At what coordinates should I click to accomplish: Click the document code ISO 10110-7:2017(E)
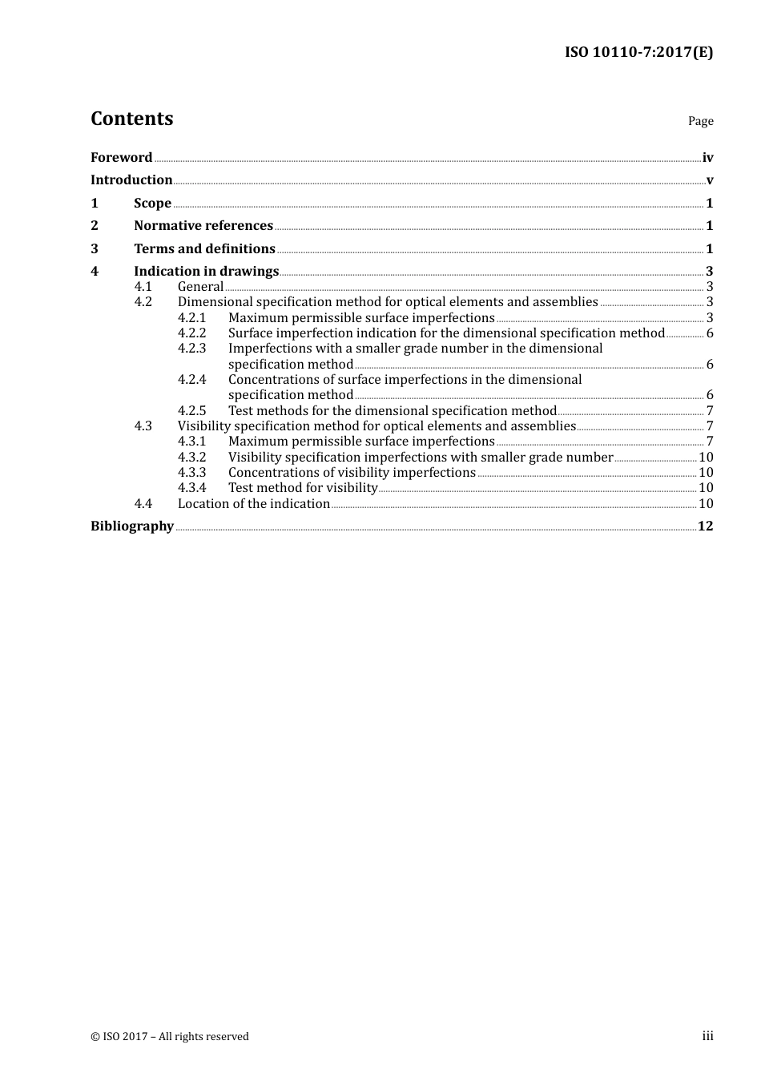coord(638,52)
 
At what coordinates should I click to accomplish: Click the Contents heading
coord(131,119)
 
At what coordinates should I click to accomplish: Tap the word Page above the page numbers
coord(700,121)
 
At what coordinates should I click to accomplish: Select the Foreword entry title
coord(121,158)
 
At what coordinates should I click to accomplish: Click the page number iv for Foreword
coord(707,158)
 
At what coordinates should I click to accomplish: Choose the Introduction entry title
coord(131,180)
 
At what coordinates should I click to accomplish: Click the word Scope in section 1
coord(152,204)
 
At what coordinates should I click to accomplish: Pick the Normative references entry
coord(203,226)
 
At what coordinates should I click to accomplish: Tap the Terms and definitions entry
coord(204,249)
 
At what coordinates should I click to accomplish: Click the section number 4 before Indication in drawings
coord(95,272)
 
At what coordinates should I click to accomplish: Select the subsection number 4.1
coord(143,287)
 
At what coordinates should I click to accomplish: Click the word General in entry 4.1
coord(200,287)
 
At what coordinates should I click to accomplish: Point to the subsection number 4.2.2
coord(192,333)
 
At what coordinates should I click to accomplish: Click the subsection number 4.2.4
coord(192,380)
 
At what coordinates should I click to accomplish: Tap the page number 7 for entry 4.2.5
coord(710,411)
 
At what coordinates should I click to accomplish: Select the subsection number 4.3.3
coord(192,473)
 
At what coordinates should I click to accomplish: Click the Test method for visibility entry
coord(303,488)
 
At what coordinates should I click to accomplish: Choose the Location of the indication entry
coord(254,504)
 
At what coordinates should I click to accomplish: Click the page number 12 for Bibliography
coord(705,526)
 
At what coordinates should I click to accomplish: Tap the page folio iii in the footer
coord(707,1036)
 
